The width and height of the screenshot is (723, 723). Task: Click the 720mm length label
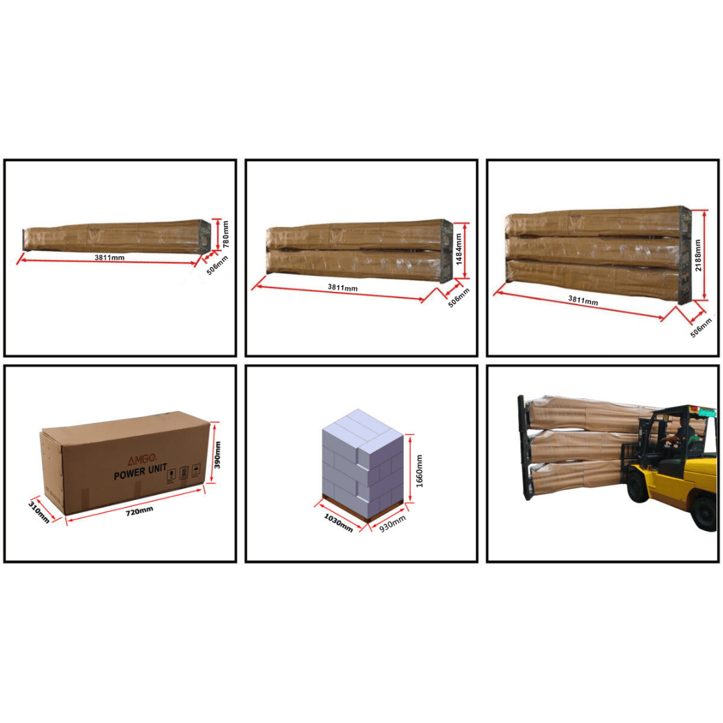coord(139,510)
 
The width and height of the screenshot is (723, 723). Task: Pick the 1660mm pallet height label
coord(420,471)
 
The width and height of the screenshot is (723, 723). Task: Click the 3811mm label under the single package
coord(109,257)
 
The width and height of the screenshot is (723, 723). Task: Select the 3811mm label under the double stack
coord(342,288)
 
